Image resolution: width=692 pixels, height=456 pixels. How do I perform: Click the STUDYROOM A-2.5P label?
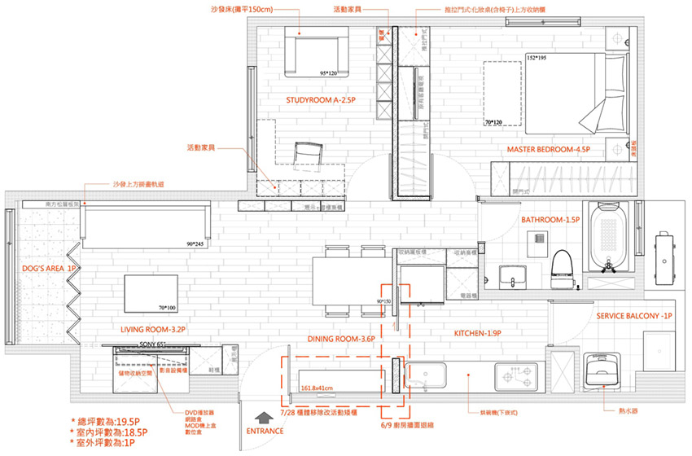point(321,99)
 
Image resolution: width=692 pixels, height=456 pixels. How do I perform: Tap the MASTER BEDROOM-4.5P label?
point(548,150)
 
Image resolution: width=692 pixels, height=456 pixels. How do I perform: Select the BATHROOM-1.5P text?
point(550,220)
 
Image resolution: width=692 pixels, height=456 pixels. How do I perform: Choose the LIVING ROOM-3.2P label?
point(153,330)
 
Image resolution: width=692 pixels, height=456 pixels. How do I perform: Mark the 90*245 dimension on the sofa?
point(195,243)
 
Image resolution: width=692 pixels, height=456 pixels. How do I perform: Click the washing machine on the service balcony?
point(605,373)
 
